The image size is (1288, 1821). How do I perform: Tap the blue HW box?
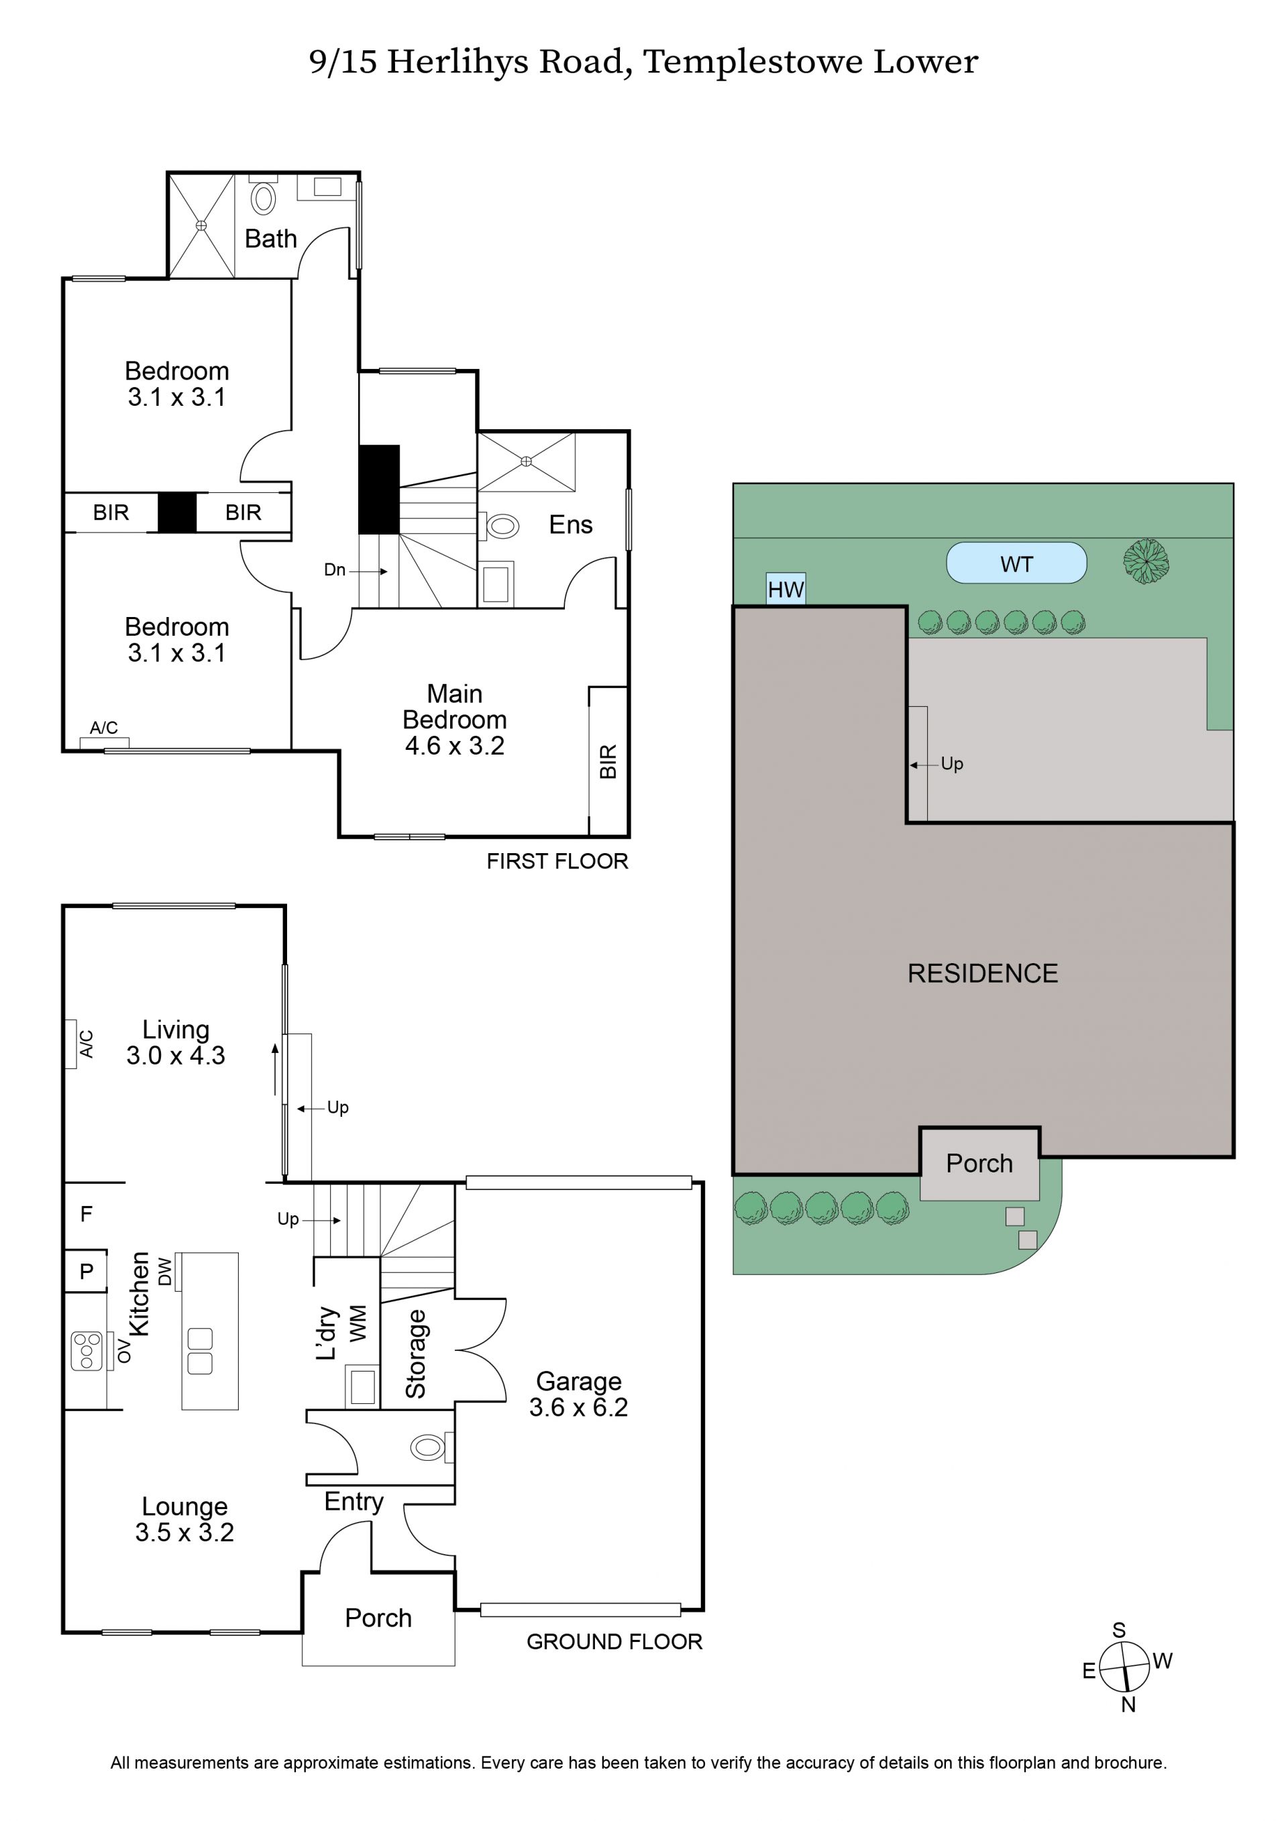(x=786, y=590)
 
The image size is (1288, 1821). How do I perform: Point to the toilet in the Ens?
(x=499, y=525)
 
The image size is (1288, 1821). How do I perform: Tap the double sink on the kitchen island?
(x=200, y=1351)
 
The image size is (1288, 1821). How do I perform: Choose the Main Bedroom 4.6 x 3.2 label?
(x=454, y=720)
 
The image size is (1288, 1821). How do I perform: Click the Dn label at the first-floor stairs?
(x=335, y=569)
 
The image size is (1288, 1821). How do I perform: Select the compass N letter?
(x=1128, y=1704)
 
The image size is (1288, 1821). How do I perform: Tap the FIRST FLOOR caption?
(x=557, y=861)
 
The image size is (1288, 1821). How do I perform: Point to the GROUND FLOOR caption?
(x=614, y=1642)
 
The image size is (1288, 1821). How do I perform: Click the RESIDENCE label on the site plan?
(x=983, y=974)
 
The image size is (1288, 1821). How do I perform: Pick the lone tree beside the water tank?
(x=1146, y=561)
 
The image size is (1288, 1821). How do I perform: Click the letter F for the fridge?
(x=87, y=1214)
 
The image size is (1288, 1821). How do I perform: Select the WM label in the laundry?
(x=358, y=1324)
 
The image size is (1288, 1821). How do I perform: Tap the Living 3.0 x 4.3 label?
(x=175, y=1042)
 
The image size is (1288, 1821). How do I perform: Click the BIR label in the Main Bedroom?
(x=608, y=761)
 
